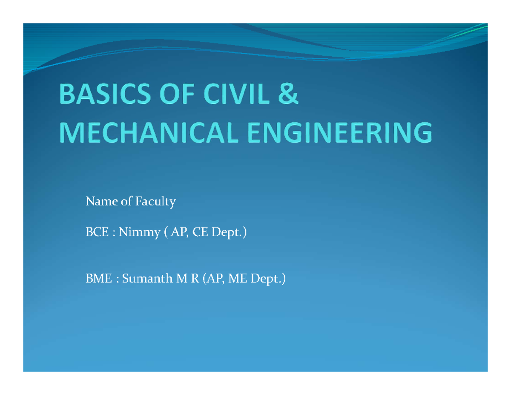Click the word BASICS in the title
105,94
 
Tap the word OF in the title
177,94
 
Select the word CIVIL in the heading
236,94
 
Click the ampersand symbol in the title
288,94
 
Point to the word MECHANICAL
149,133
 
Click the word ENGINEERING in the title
340,133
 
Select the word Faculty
155,202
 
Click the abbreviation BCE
97,232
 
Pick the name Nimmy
139,233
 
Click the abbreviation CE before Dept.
200,232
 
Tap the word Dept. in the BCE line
226,233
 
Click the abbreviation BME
98,279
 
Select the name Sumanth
147,279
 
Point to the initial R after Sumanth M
195,279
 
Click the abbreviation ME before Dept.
238,279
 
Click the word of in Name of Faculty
126,202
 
